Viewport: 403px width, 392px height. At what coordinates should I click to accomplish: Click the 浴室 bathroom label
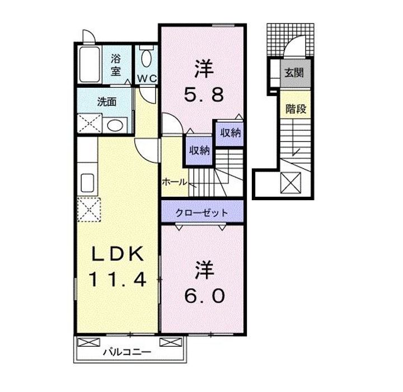coord(116,65)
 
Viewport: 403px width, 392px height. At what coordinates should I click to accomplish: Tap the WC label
coord(147,78)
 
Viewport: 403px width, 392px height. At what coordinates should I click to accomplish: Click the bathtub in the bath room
coord(89,64)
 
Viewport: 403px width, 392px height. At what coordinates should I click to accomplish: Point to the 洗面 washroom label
coord(107,102)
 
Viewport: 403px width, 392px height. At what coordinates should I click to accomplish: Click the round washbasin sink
coord(115,125)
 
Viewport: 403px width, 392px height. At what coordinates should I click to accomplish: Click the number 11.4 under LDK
coord(118,279)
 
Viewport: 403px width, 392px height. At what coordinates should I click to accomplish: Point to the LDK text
coord(118,253)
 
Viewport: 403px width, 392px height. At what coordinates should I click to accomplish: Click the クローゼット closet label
coord(201,213)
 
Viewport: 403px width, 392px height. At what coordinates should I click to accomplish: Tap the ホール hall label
coord(175,182)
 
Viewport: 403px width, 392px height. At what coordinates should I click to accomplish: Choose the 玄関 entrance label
coord(294,73)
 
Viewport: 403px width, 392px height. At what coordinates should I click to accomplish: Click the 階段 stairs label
coord(296,109)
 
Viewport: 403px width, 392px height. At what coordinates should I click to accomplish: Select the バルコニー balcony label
coord(127,352)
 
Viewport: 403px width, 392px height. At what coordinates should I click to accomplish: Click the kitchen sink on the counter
coord(87,183)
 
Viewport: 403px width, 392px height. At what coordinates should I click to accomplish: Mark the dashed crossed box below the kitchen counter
coord(89,210)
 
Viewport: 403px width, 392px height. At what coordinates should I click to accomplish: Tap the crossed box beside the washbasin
coord(90,124)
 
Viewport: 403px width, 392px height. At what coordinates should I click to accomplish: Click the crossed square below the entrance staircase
coord(290,183)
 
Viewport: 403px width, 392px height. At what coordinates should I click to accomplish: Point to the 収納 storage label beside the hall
coord(200,150)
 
